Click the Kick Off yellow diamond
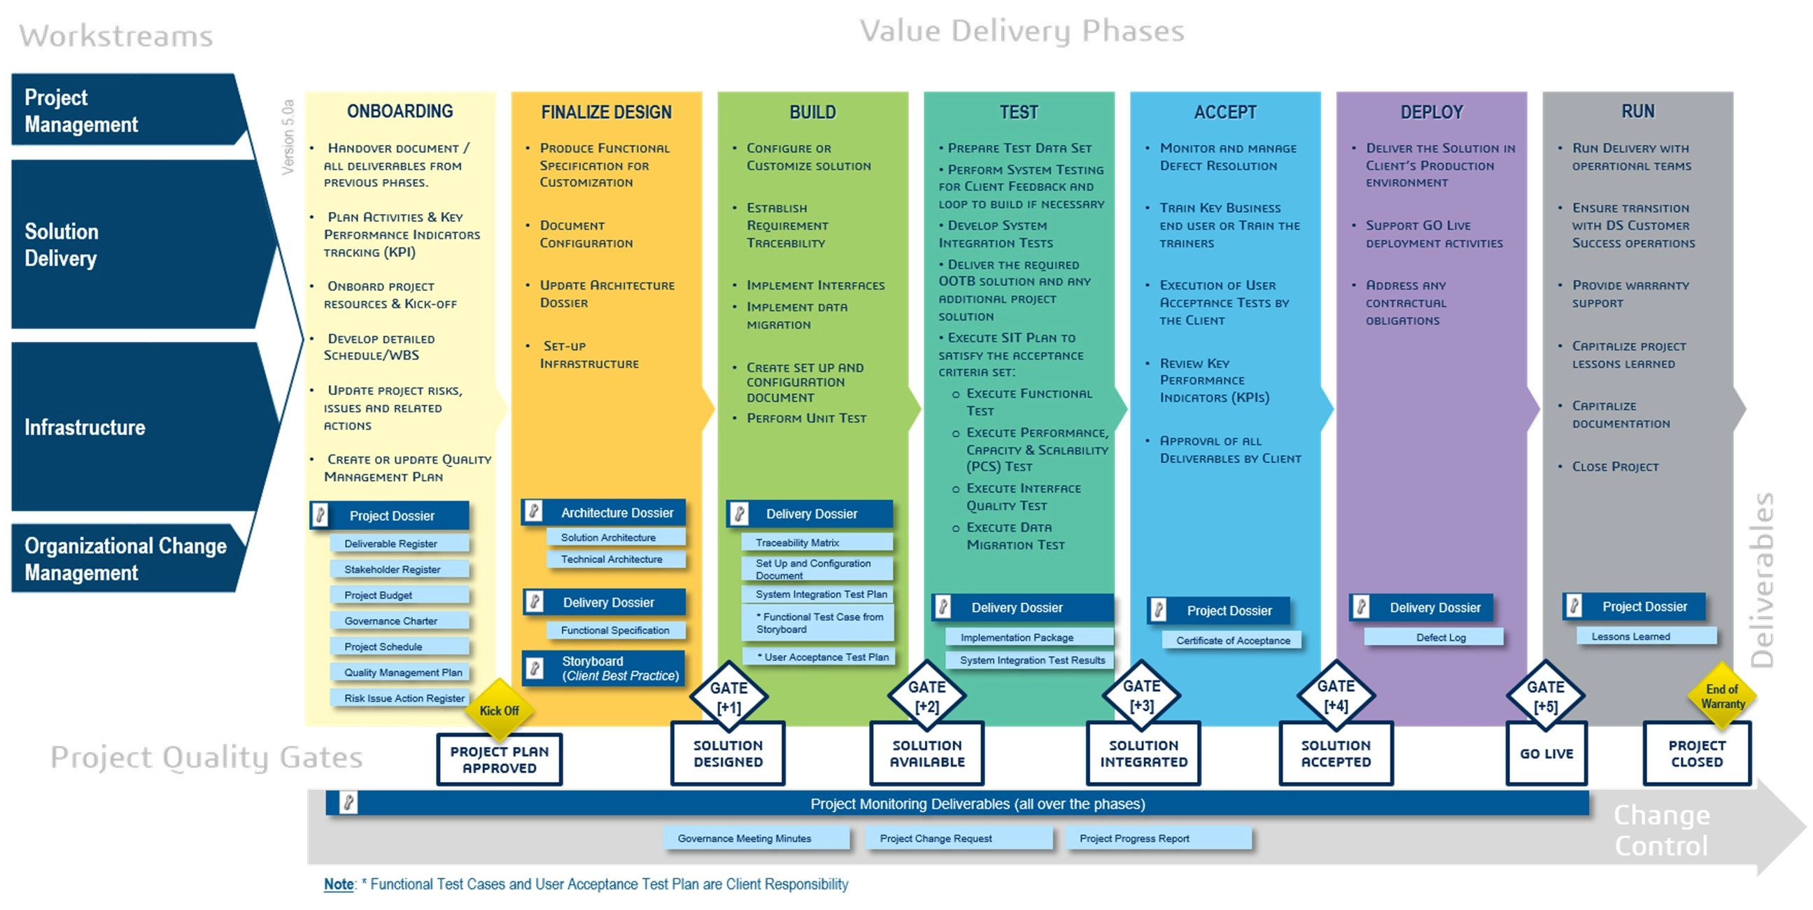(x=499, y=709)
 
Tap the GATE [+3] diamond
(x=1141, y=695)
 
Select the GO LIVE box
(x=1546, y=753)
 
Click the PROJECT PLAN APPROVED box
(x=499, y=760)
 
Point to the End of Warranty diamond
(x=1721, y=696)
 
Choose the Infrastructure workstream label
(x=85, y=427)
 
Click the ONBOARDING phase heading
(x=400, y=111)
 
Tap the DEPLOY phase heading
(x=1431, y=112)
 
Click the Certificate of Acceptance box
(x=1232, y=640)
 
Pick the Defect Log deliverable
(x=1440, y=637)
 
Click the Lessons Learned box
(x=1630, y=637)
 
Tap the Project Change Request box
(x=936, y=838)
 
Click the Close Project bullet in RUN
(x=1614, y=467)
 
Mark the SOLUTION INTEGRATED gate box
(x=1143, y=753)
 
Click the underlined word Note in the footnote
(x=338, y=884)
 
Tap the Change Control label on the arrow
(x=1660, y=830)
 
